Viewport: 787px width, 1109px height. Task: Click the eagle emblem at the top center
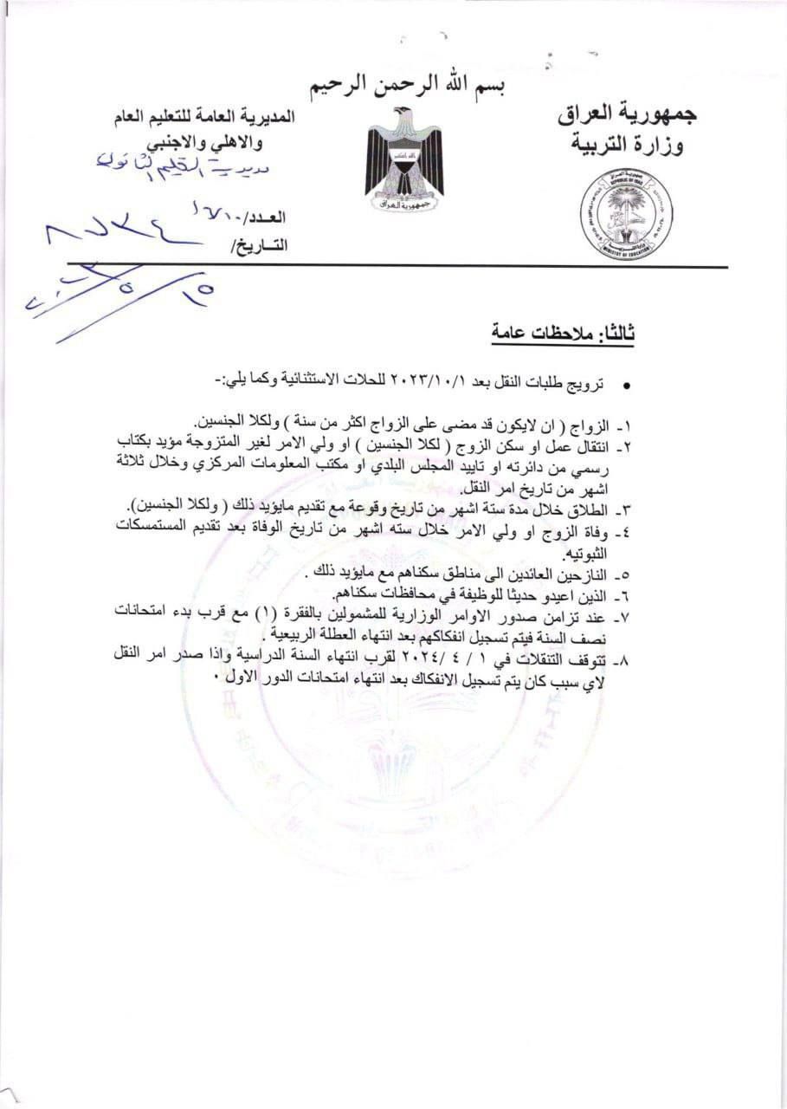tap(404, 162)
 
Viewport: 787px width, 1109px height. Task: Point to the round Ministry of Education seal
tap(626, 215)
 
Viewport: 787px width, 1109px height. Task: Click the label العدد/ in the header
tap(266, 217)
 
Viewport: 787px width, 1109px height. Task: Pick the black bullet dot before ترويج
tap(627, 385)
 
